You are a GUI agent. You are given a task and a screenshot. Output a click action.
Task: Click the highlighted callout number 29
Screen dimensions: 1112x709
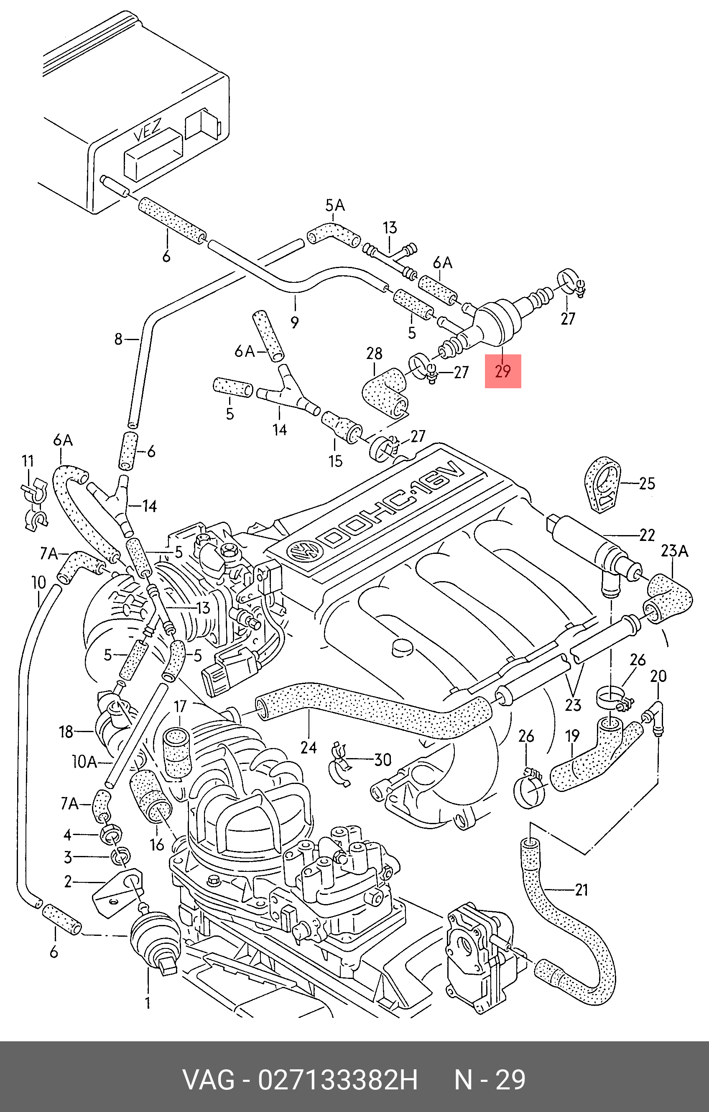point(502,371)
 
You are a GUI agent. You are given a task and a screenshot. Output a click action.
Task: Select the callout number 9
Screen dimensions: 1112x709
point(294,322)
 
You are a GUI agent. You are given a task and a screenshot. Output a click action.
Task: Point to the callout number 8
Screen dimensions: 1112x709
point(119,339)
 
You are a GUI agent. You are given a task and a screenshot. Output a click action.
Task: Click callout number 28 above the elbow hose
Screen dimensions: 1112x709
point(374,354)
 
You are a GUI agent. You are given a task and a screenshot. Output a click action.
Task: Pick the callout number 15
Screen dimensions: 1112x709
point(336,461)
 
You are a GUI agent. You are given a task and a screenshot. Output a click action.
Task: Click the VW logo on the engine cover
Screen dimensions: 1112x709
point(303,551)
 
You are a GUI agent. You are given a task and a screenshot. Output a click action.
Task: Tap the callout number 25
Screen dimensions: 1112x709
point(647,484)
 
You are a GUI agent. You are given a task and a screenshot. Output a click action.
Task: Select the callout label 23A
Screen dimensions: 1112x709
point(674,551)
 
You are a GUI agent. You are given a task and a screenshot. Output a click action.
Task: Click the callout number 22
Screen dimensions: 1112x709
point(647,535)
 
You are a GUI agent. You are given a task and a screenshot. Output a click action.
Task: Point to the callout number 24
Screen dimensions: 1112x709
point(309,747)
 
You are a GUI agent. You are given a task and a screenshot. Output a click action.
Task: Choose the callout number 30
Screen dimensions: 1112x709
point(383,760)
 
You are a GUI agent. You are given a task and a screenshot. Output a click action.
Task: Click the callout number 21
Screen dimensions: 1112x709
point(581,889)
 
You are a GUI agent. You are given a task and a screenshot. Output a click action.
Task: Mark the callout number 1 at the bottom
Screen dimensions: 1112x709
point(148,1003)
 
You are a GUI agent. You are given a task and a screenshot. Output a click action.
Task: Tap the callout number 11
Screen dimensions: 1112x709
point(28,461)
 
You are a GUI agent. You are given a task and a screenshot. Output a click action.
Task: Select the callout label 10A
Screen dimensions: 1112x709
point(84,762)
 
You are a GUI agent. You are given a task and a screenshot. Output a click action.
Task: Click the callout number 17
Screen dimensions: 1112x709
point(180,706)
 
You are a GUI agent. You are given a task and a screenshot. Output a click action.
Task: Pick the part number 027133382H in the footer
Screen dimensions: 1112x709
point(337,1080)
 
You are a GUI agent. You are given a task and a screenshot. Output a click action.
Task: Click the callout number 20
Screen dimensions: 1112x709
point(658,676)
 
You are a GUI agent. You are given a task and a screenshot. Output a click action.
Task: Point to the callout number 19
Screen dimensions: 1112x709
point(572,735)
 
